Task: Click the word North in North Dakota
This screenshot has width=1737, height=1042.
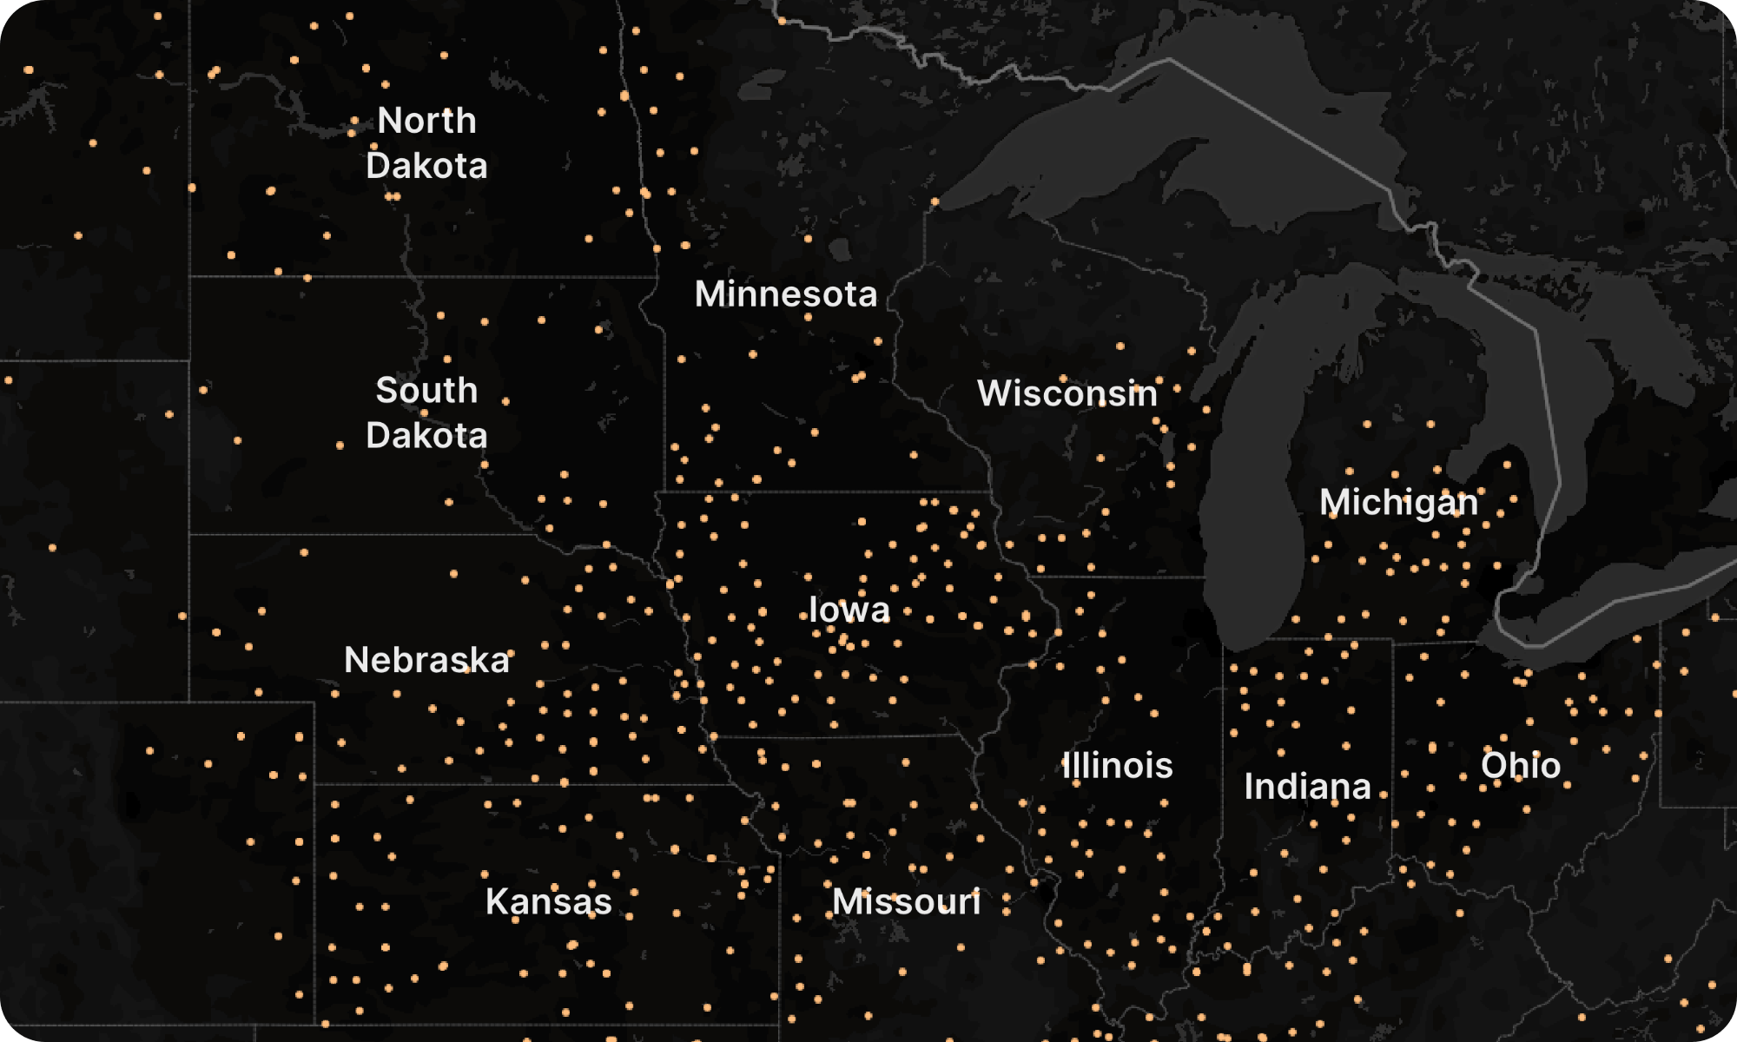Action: coord(426,121)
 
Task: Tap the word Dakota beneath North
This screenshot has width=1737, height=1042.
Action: coord(426,166)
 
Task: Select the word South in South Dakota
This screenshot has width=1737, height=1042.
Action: coord(426,391)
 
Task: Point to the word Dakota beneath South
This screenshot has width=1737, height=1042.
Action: coord(426,435)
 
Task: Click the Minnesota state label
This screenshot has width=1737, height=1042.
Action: coord(786,294)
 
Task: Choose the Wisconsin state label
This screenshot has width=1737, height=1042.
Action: coord(1067,393)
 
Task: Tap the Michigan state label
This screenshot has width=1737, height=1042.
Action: coord(1398,503)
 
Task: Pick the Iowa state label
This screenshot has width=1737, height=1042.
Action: coord(849,610)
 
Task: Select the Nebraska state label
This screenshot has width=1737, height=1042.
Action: coord(426,661)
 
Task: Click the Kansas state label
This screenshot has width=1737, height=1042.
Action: coord(548,901)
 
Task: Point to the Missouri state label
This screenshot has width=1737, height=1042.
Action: coord(906,902)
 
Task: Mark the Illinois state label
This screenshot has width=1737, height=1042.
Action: coord(1118,766)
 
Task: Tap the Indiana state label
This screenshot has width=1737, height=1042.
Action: coord(1307,787)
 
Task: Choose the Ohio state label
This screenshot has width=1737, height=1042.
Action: coord(1521,766)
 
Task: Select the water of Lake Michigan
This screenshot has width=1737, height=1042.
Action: coord(1251,521)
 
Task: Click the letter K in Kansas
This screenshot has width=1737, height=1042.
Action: coord(496,901)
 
